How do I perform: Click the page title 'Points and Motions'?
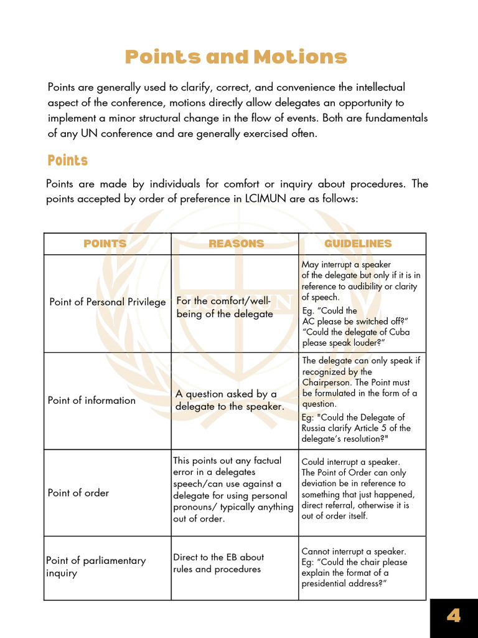point(236,57)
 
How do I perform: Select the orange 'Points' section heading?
point(67,161)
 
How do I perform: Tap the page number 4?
point(454,617)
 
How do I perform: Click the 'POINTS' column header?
point(105,244)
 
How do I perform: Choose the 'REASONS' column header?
point(236,244)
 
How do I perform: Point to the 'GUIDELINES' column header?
point(358,244)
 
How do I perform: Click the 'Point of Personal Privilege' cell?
point(107,302)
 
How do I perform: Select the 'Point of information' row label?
point(91,401)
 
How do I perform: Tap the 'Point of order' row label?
point(78,493)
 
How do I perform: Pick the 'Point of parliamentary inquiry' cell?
point(96,566)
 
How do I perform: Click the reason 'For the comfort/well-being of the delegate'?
point(225,307)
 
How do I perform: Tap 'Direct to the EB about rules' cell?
point(218,563)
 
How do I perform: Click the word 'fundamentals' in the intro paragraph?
point(398,118)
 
